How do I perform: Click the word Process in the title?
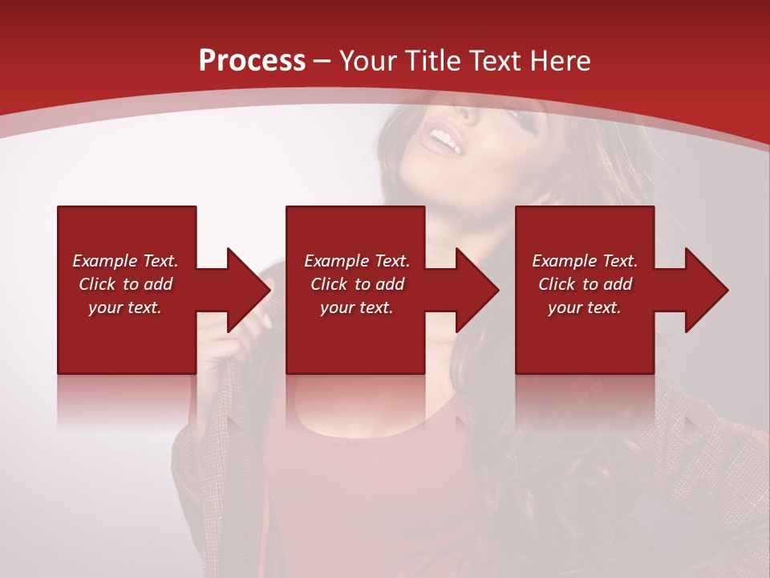[252, 61]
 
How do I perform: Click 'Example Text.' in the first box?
[125, 261]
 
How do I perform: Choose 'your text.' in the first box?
[125, 307]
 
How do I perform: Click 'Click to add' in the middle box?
[357, 284]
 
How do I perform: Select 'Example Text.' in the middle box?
[357, 261]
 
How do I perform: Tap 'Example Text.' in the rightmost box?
[585, 261]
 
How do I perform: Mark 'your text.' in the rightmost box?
[585, 307]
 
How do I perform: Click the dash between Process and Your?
[322, 61]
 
